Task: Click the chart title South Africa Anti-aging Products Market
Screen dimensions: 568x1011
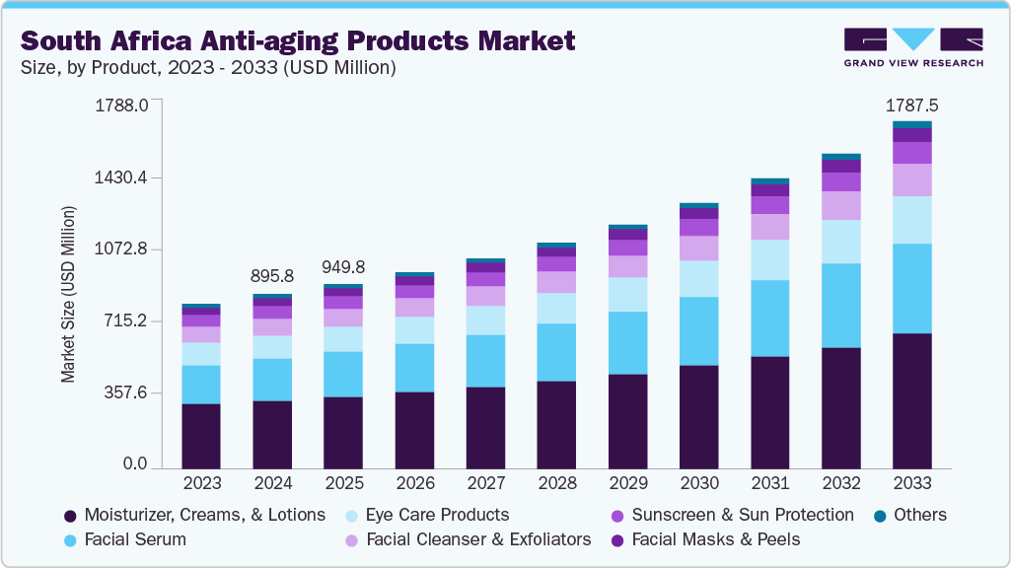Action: coord(297,40)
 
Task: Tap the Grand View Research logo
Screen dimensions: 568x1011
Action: coord(912,46)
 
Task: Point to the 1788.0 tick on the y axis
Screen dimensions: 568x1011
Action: coord(121,105)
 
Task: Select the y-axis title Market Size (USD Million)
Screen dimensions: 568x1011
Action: coord(68,294)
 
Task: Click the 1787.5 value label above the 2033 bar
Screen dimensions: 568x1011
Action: coord(910,105)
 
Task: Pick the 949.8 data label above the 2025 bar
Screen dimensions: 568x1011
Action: coord(343,267)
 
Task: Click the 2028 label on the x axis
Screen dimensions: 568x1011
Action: coord(556,483)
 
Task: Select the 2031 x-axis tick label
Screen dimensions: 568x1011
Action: coord(769,483)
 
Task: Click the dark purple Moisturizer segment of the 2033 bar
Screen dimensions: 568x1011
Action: coord(911,399)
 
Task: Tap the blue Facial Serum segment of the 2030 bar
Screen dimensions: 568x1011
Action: coord(698,330)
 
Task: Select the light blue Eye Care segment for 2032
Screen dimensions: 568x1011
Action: coord(840,241)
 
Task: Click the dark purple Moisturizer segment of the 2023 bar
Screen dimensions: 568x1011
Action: coord(201,435)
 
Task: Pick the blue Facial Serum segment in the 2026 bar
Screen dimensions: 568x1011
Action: coord(414,367)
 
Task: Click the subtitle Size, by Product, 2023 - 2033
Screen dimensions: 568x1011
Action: coord(208,68)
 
